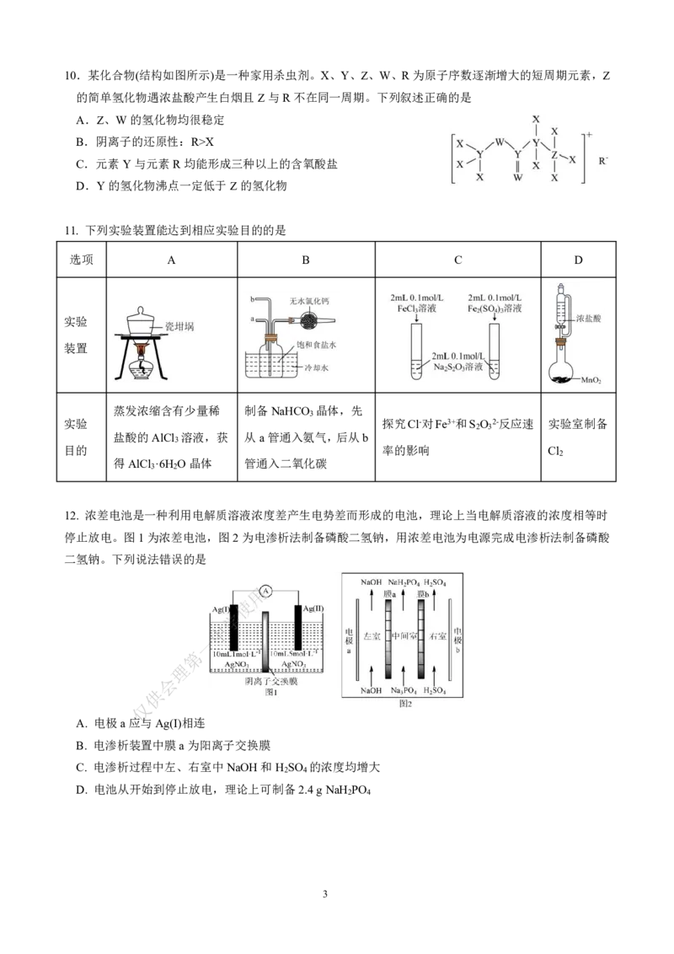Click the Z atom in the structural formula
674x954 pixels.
(x=554, y=155)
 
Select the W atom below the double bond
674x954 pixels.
(x=518, y=178)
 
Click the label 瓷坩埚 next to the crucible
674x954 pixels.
(x=179, y=326)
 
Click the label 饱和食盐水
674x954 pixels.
(x=319, y=345)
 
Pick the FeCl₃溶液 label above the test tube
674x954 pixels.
(x=415, y=310)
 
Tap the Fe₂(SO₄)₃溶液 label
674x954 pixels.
(x=495, y=310)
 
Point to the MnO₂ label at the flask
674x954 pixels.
(x=591, y=380)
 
